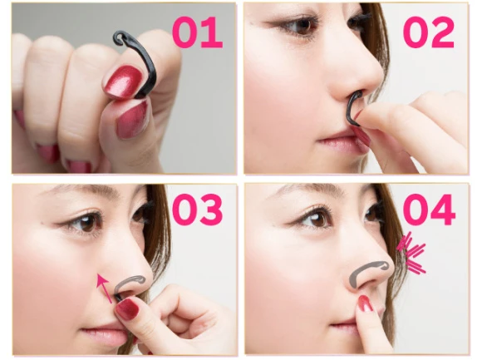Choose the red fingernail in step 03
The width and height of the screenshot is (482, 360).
pos(126,309)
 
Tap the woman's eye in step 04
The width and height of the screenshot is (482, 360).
pos(315,219)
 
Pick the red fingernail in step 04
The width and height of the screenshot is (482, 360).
pos(365,303)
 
